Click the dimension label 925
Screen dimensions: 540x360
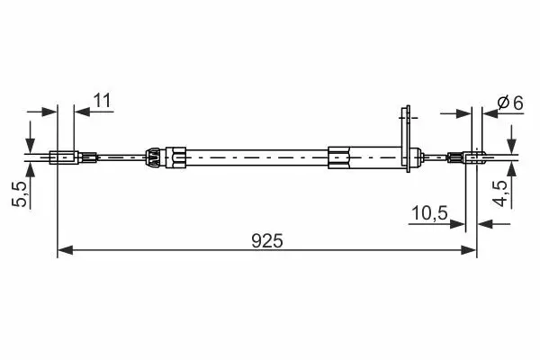pyautogui.click(x=267, y=241)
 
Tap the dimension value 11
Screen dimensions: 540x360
pyautogui.click(x=103, y=101)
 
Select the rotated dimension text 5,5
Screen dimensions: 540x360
pyautogui.click(x=20, y=194)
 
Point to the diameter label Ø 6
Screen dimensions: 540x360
pyautogui.click(x=510, y=103)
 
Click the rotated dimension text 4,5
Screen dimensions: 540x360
pyautogui.click(x=500, y=193)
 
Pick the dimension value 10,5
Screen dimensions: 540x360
pyautogui.click(x=429, y=213)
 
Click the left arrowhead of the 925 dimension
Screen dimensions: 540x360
pyautogui.click(x=65, y=250)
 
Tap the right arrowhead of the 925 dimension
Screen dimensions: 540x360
pyautogui.click(x=469, y=250)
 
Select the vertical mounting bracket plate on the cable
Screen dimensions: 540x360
pyautogui.click(x=408, y=139)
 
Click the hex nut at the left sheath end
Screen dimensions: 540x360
pyautogui.click(x=175, y=157)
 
